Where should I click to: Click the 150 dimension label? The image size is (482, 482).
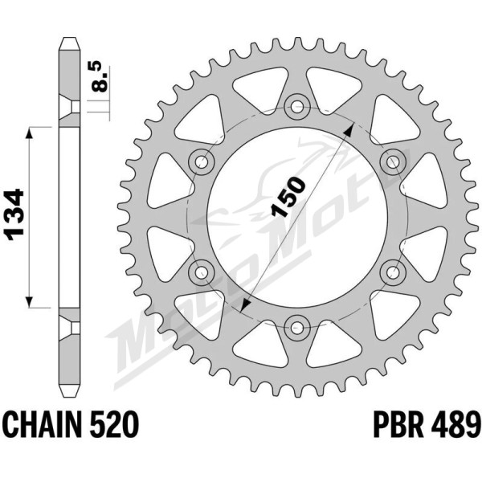click(x=288, y=197)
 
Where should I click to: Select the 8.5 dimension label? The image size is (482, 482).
click(x=100, y=77)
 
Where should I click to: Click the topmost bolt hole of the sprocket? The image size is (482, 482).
click(x=297, y=108)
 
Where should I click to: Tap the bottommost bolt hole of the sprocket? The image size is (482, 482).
click(x=297, y=327)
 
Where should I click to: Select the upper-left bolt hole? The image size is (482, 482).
click(x=202, y=161)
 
